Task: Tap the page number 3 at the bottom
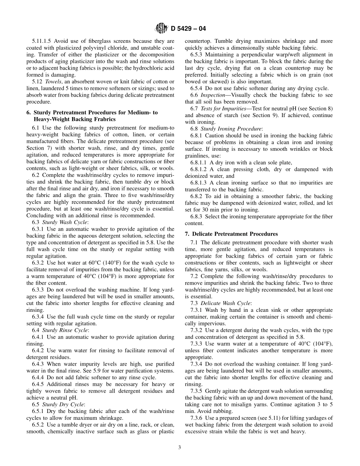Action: click(x=180, y=447)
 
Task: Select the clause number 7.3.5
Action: click(x=197, y=391)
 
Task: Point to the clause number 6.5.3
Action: click(x=197, y=55)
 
